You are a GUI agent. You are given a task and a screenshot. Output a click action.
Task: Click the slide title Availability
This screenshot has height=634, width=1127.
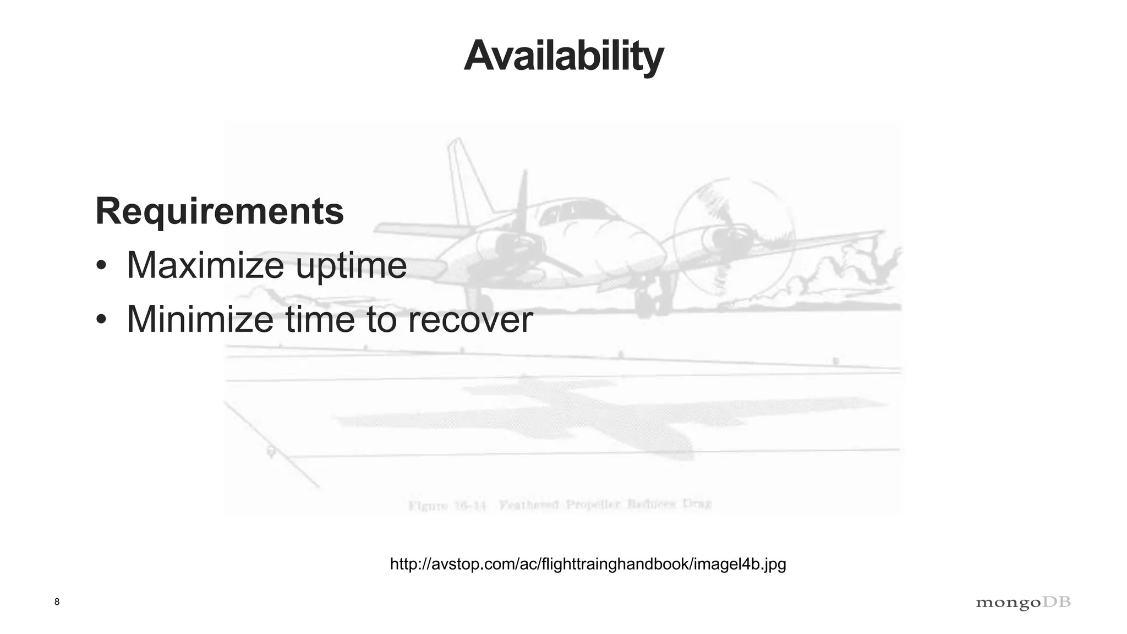(563, 56)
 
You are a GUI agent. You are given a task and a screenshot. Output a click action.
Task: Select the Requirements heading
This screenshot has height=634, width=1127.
(220, 211)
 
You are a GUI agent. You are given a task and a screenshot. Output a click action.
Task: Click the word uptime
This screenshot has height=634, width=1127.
(351, 265)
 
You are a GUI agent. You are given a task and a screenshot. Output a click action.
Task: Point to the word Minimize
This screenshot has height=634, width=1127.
(200, 319)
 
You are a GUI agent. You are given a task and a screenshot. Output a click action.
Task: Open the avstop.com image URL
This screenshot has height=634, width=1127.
(588, 564)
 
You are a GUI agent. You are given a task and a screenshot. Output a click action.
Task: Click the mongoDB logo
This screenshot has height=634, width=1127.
(1023, 603)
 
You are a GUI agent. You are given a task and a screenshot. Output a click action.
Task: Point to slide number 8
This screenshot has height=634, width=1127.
(57, 602)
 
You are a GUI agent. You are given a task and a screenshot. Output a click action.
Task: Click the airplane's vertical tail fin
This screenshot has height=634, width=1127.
(465, 176)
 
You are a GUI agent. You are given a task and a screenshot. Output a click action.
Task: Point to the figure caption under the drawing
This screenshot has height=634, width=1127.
(560, 504)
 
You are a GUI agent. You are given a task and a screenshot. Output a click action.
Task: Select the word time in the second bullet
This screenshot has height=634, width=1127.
(319, 319)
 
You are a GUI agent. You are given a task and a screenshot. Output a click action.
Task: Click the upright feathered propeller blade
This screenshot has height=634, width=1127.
(521, 204)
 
